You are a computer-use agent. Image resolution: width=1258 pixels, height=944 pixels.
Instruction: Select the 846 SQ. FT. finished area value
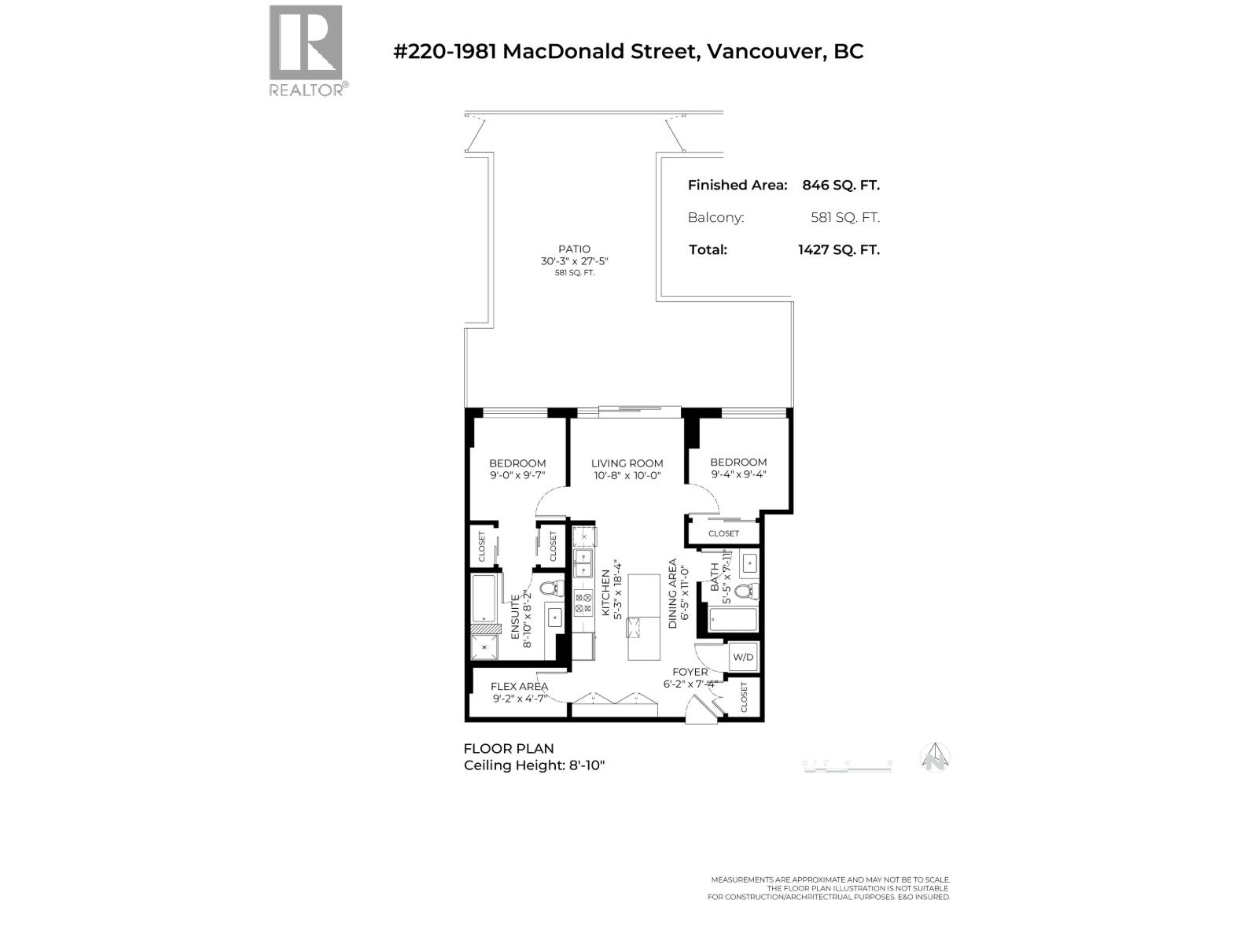841,186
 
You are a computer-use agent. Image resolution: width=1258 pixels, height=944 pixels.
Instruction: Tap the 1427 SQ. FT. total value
838,250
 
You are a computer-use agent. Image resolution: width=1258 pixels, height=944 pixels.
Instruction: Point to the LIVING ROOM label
627,463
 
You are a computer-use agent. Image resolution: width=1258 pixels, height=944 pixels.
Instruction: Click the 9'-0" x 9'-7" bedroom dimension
517,475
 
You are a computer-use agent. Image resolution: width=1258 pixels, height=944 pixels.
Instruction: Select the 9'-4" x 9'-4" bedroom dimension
738,474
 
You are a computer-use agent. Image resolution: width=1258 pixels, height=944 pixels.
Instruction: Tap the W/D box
743,657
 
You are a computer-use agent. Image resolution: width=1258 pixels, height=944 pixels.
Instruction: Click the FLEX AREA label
519,687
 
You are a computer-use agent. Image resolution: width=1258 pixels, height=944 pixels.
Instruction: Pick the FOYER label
690,672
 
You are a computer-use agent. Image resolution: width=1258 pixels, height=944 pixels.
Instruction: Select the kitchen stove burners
583,603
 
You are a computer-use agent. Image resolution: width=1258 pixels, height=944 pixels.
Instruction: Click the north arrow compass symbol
935,758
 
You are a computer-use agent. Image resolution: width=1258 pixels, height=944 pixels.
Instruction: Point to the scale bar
847,765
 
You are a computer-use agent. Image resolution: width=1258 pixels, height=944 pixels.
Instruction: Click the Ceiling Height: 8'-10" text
534,765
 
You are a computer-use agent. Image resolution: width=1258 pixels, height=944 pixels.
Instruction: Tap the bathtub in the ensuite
483,599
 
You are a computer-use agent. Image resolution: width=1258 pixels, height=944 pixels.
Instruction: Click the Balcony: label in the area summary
715,218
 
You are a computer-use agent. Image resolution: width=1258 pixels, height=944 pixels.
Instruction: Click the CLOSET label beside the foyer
745,697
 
